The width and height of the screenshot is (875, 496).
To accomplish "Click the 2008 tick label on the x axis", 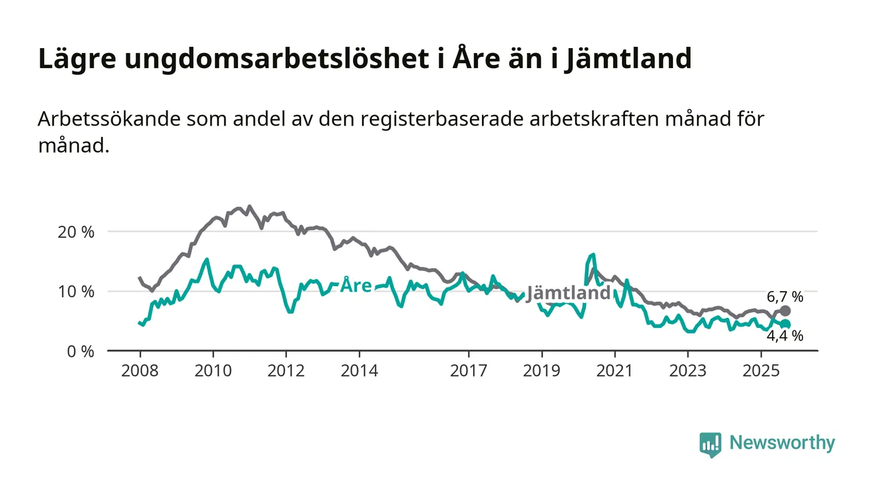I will (139, 371).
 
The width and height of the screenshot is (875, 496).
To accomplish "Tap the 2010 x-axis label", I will (212, 371).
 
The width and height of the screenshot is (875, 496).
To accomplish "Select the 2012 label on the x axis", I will (286, 371).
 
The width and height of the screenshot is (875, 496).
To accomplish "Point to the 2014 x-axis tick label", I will (359, 371).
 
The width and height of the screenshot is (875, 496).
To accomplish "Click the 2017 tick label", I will (469, 371).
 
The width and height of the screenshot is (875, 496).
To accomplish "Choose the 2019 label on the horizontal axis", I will (542, 371).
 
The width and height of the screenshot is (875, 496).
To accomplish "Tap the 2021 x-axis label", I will (615, 371).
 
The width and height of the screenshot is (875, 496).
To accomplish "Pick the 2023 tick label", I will (687, 371).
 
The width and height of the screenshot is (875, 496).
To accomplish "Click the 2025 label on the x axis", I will (761, 371).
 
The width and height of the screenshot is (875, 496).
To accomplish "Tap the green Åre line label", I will (356, 286).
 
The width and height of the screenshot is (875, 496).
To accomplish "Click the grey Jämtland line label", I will (568, 292).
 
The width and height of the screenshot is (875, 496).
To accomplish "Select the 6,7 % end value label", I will (785, 297).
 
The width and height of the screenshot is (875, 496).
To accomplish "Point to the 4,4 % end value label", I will (785, 336).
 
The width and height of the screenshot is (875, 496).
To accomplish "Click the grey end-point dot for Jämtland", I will (785, 310).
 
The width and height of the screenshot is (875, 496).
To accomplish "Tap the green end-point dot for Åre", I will (786, 324).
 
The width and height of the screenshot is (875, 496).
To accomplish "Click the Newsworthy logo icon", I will (710, 445).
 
